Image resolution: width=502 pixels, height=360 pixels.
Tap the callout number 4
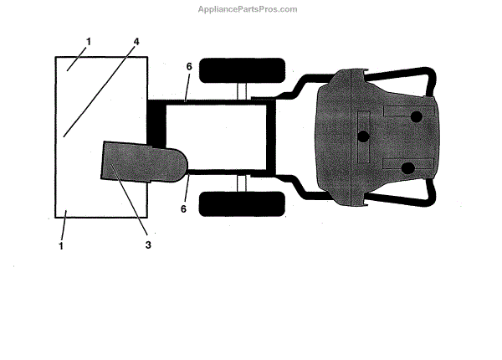point(136,42)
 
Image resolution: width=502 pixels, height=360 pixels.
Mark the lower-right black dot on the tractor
point(408,169)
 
